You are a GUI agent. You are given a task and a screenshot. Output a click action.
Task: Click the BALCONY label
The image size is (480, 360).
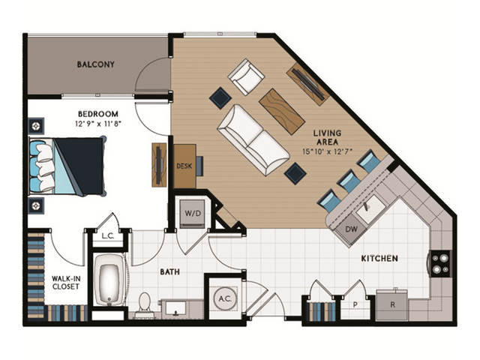(x=96, y=64)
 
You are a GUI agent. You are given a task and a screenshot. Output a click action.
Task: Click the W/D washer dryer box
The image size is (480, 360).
(x=193, y=213)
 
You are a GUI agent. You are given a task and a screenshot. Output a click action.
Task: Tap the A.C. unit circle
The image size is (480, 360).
(x=223, y=298)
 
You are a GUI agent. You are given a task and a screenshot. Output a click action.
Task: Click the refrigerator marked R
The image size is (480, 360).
(x=392, y=304)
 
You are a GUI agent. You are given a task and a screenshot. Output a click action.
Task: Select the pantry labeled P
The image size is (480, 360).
(x=355, y=305)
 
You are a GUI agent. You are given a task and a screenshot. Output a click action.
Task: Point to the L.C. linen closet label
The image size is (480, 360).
(x=107, y=236)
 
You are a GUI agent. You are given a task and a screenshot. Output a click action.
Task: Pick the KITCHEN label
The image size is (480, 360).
(x=379, y=259)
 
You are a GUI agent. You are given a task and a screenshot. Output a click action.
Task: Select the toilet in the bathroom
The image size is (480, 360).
(x=144, y=303)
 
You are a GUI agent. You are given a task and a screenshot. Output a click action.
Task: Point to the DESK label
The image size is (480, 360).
(x=184, y=166)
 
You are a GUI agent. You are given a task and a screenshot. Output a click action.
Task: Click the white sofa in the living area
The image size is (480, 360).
(x=253, y=139)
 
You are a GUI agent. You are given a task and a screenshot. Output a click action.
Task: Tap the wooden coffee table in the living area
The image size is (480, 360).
(x=281, y=110)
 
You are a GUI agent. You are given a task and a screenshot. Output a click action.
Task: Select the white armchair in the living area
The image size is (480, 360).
(x=247, y=77)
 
